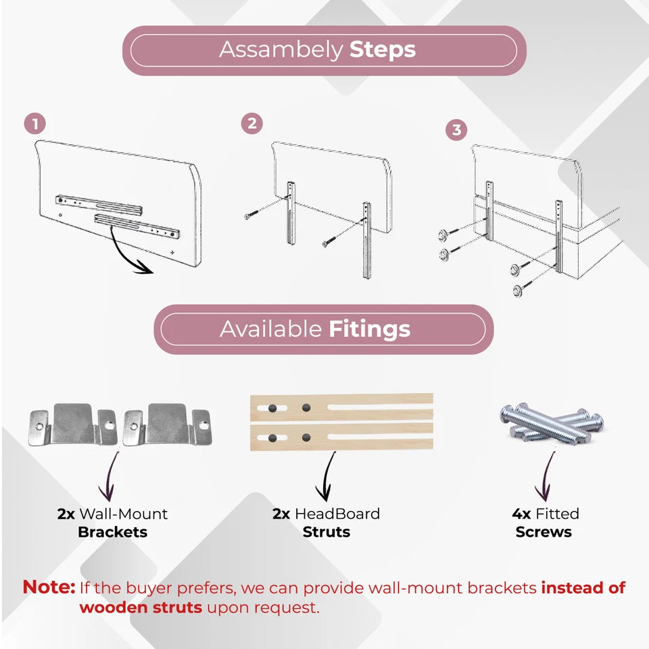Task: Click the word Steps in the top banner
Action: [383, 50]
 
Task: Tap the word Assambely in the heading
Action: [281, 50]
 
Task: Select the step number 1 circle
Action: [34, 124]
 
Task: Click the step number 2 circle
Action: [251, 123]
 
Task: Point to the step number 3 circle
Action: [456, 130]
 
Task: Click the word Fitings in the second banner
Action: [369, 329]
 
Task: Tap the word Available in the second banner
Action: [270, 329]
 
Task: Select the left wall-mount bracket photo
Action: [73, 425]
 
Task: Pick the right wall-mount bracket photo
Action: [167, 425]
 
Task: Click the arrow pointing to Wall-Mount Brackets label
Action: [110, 476]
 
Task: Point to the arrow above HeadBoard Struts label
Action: [327, 476]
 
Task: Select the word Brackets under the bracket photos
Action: [113, 532]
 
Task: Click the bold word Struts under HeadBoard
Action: [326, 532]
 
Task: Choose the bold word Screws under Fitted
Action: [544, 532]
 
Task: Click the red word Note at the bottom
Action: [49, 587]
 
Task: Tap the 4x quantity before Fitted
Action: [521, 514]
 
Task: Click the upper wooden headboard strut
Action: [341, 408]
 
